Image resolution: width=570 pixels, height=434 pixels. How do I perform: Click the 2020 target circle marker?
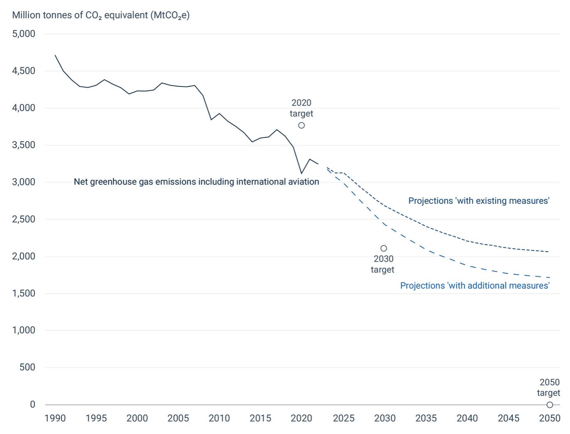(x=301, y=125)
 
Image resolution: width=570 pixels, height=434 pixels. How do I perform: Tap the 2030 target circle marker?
(x=384, y=248)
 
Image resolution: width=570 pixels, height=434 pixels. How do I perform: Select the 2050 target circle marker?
(x=549, y=405)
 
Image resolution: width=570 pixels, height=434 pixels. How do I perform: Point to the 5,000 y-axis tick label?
(x=24, y=34)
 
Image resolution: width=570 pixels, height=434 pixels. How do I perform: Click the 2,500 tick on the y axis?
(x=24, y=219)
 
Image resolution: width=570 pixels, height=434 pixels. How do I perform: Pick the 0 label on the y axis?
(x=32, y=405)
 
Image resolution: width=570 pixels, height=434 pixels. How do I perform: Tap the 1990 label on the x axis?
(x=55, y=418)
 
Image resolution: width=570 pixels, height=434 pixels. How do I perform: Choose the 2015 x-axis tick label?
(x=260, y=418)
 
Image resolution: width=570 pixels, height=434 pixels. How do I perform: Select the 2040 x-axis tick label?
(x=467, y=418)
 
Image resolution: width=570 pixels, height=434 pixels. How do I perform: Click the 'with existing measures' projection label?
(x=479, y=201)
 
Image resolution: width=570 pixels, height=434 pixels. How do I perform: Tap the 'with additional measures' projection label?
(x=475, y=286)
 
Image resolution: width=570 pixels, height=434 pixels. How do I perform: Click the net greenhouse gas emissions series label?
(x=196, y=182)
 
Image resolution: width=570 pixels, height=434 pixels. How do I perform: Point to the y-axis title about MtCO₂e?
(x=101, y=15)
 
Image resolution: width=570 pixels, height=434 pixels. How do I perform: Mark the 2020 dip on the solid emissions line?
(x=301, y=173)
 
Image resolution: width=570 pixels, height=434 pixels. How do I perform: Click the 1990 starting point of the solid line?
(x=55, y=55)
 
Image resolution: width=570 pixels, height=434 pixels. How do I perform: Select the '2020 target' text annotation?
(x=301, y=108)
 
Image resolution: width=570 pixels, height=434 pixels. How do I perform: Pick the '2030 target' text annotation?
(x=383, y=264)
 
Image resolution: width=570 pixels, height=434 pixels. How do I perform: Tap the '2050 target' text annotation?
(x=549, y=388)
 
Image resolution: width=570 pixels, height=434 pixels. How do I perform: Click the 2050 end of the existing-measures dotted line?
(x=549, y=252)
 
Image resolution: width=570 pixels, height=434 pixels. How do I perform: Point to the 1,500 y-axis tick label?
(x=24, y=293)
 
